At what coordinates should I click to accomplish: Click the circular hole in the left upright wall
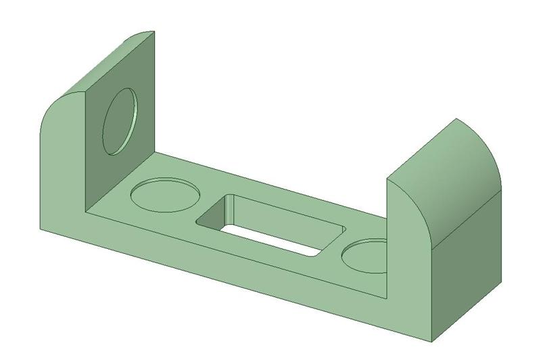[x=120, y=120]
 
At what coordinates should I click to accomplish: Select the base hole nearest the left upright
[x=166, y=194]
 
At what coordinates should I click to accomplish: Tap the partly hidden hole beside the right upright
[x=363, y=256]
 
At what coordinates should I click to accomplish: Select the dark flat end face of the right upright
[x=467, y=271]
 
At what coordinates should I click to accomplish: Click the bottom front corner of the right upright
[x=433, y=337]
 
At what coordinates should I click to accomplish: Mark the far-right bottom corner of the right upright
[x=501, y=280]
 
